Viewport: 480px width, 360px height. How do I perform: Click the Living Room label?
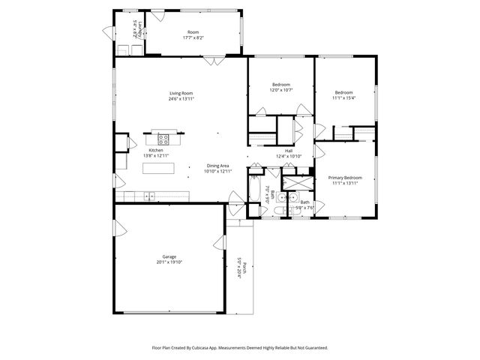point(181,93)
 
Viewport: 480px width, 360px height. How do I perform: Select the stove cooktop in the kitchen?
point(163,138)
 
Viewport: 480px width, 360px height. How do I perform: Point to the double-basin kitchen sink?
point(148,196)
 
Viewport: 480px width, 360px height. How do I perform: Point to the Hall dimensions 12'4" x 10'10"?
point(288,156)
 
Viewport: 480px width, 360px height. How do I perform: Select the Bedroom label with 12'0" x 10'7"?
point(281,85)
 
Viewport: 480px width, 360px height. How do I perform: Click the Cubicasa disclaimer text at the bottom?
point(240,347)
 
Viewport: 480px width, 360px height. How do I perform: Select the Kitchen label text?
point(156,150)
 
